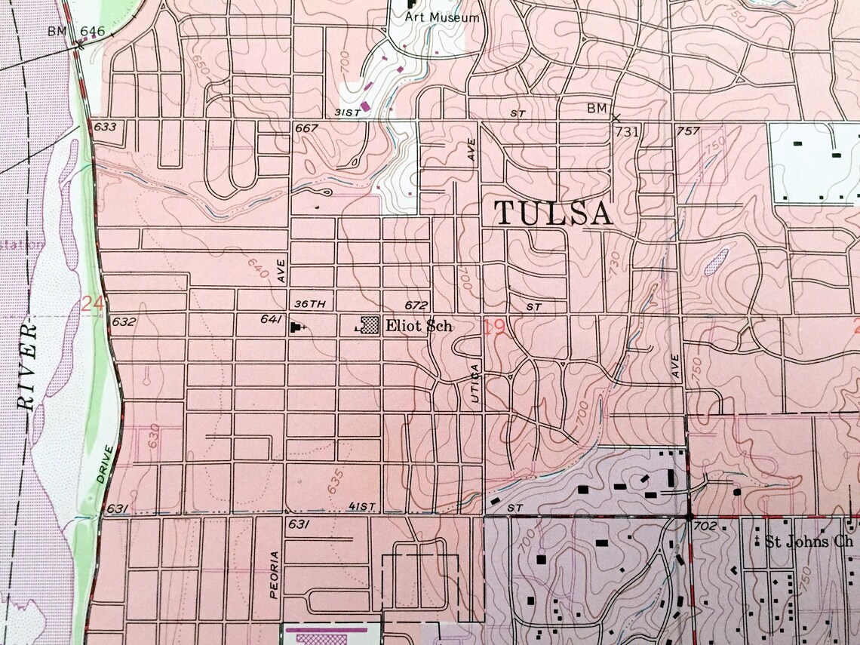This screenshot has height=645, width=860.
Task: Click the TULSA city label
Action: pyautogui.click(x=554, y=213)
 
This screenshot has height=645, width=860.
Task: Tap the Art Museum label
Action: pyautogui.click(x=442, y=17)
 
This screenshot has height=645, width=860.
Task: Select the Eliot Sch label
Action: pyautogui.click(x=419, y=327)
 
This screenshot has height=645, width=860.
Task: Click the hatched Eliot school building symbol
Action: pyautogui.click(x=370, y=325)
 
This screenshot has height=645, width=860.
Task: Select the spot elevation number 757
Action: pyautogui.click(x=688, y=131)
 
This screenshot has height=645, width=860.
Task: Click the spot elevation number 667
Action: pyautogui.click(x=306, y=128)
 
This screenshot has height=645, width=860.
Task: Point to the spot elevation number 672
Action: pyautogui.click(x=416, y=306)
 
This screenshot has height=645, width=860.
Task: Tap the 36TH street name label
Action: pyautogui.click(x=309, y=305)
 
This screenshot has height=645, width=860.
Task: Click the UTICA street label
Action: pyautogui.click(x=475, y=385)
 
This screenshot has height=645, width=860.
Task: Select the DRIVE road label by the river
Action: pyautogui.click(x=104, y=465)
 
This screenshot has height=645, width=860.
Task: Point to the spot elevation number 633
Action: pyautogui.click(x=106, y=127)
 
